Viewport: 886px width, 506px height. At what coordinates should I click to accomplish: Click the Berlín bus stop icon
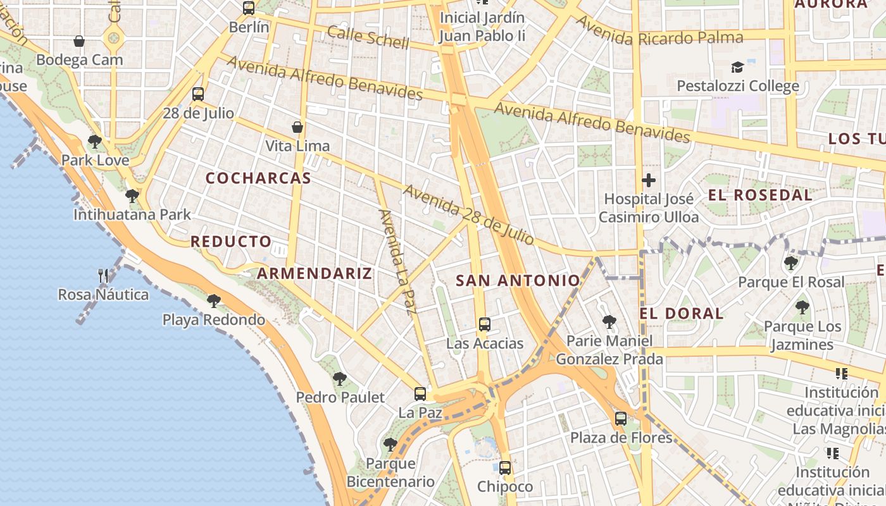249,8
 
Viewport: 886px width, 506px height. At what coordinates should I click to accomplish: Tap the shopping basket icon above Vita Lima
297,128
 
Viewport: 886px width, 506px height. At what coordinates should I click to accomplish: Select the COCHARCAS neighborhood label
258,178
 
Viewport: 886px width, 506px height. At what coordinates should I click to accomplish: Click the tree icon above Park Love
95,142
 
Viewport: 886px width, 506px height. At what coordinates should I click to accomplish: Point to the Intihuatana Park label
132,215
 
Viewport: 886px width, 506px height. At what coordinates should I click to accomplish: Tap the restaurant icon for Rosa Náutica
103,276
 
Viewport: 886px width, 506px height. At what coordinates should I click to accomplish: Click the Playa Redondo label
214,320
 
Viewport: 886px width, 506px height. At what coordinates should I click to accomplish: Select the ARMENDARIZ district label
315,274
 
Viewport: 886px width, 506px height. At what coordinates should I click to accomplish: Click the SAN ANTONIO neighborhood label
518,281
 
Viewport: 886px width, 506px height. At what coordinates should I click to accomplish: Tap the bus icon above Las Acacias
485,324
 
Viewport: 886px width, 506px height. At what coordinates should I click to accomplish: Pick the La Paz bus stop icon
420,394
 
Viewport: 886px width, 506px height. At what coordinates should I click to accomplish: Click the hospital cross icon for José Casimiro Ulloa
649,180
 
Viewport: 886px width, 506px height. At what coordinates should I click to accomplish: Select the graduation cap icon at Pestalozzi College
737,67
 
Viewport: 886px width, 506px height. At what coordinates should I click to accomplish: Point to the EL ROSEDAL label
759,195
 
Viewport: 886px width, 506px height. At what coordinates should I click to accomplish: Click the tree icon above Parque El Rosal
790,263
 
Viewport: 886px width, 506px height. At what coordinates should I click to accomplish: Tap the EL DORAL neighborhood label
682,314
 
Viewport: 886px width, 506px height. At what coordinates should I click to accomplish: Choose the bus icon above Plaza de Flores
621,418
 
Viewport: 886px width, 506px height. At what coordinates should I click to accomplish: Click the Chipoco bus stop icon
505,468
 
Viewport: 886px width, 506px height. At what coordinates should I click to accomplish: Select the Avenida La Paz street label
397,261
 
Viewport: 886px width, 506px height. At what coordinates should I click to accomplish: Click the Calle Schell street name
368,37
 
